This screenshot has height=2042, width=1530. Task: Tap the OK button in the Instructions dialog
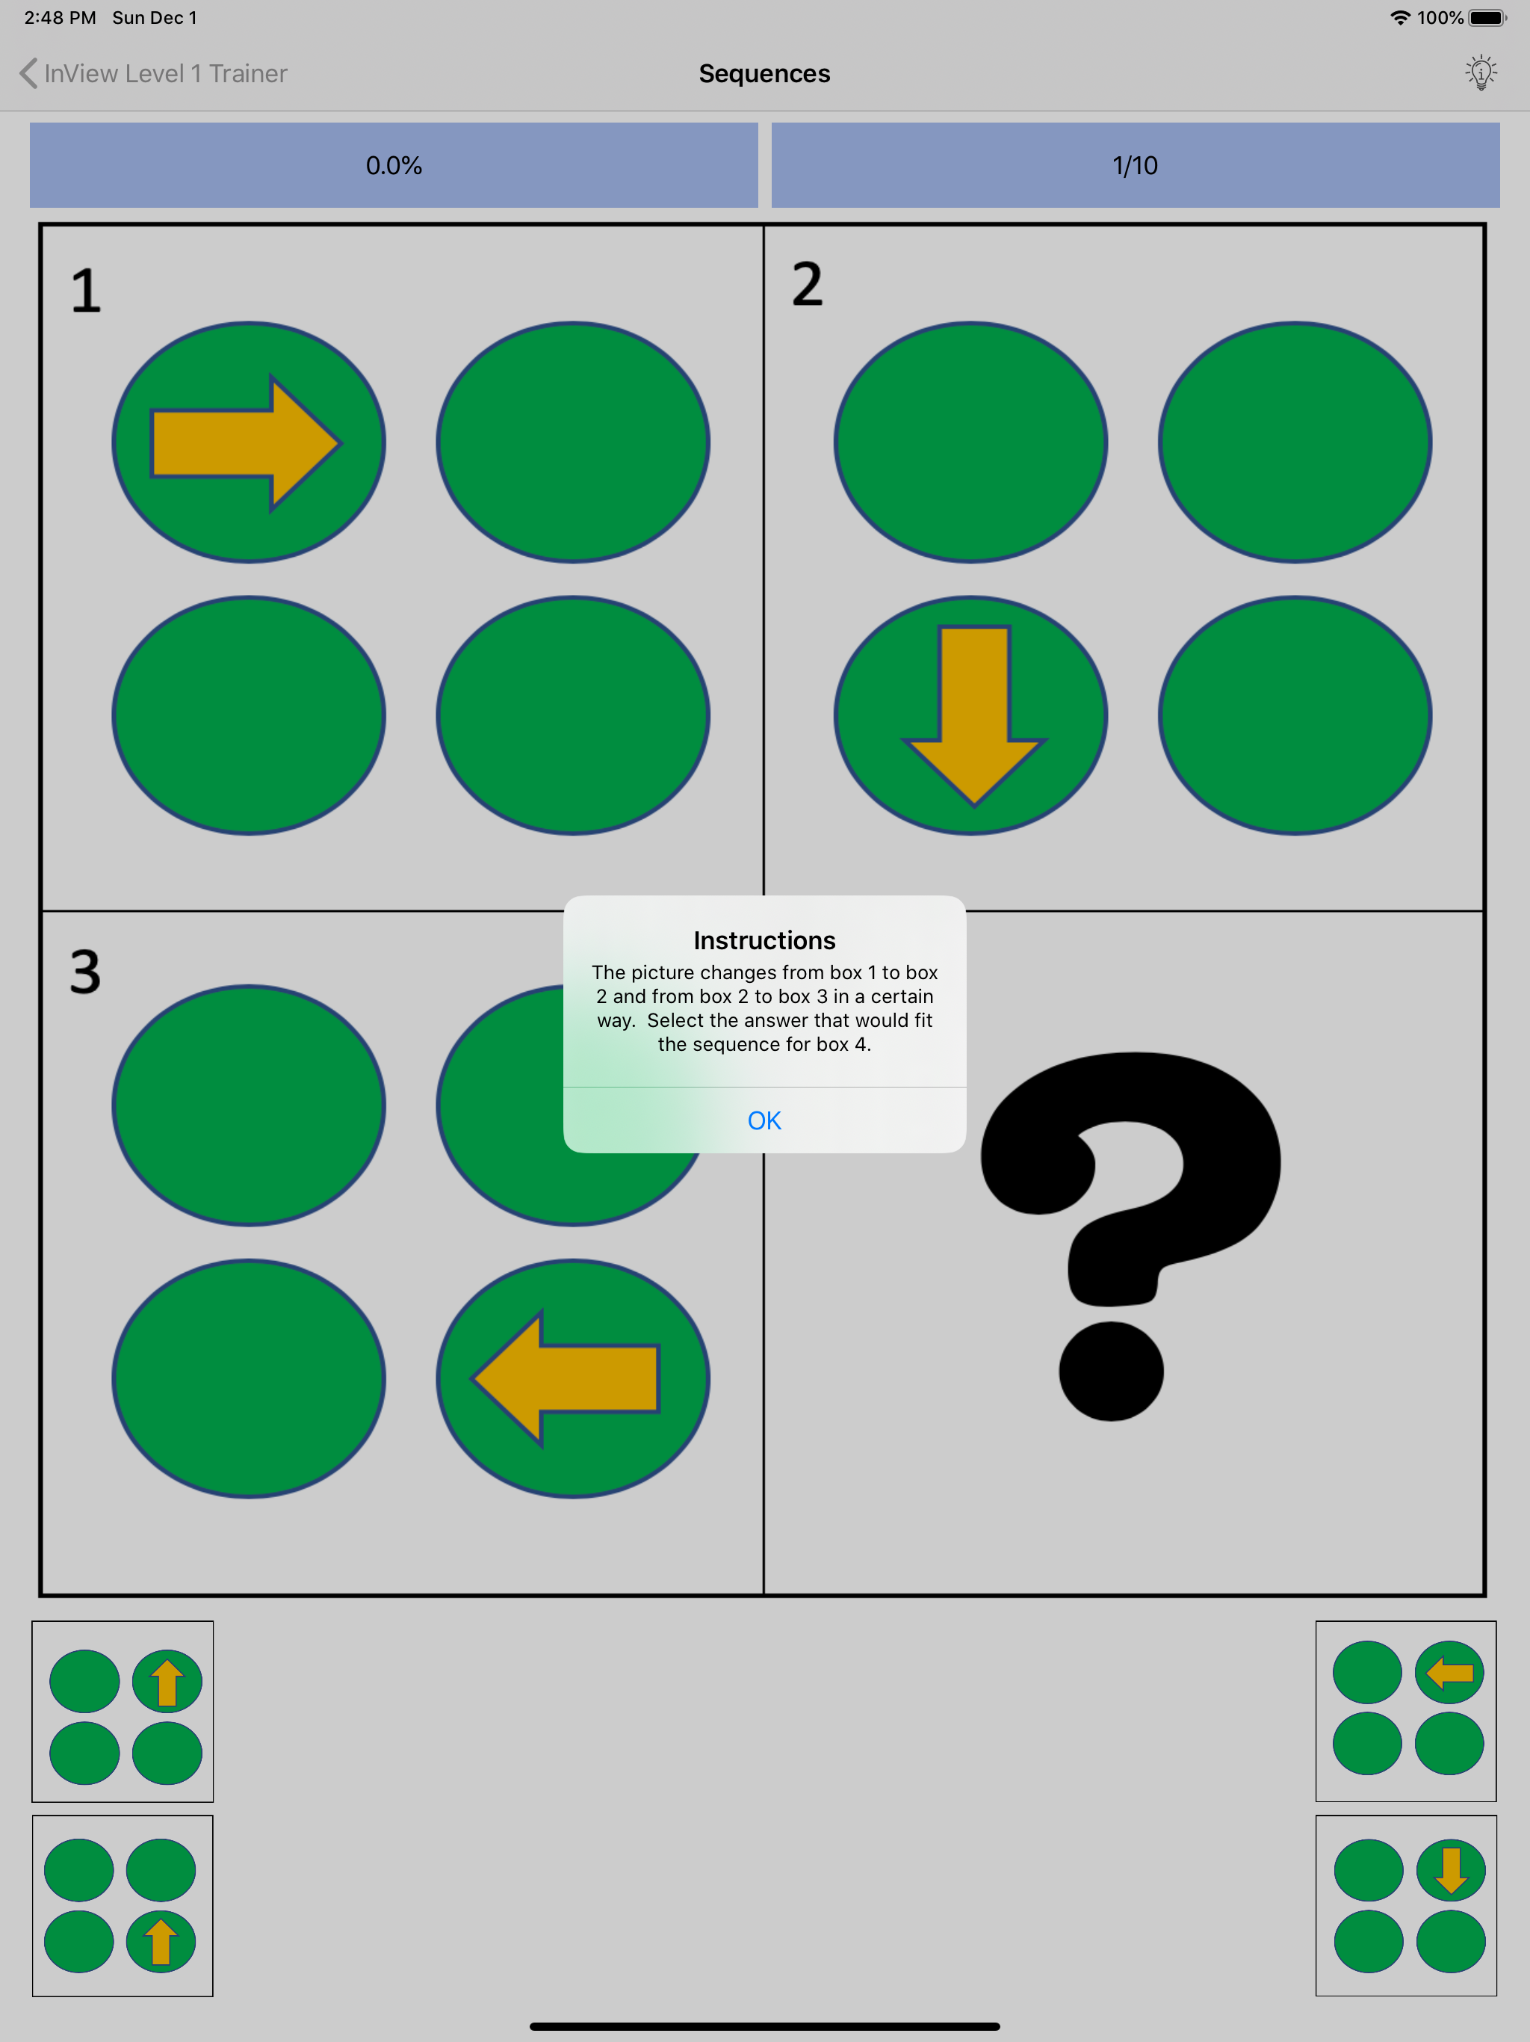pyautogui.click(x=764, y=1120)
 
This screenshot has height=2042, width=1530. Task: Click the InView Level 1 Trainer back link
pyautogui.click(x=154, y=73)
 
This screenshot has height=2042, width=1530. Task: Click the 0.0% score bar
pyautogui.click(x=394, y=165)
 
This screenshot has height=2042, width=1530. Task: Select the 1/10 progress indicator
pyautogui.click(x=1135, y=165)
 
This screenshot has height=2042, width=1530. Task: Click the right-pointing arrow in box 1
pyautogui.click(x=247, y=443)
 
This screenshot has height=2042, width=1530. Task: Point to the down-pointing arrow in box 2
pyautogui.click(x=973, y=715)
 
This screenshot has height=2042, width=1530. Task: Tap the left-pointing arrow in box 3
pyautogui.click(x=566, y=1378)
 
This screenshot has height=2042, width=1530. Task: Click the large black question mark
pyautogui.click(x=1130, y=1236)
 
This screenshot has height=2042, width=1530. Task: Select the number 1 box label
pyautogui.click(x=86, y=291)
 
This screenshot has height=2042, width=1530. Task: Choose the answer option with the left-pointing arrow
pyautogui.click(x=1405, y=1711)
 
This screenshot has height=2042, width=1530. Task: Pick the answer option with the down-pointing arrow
pyautogui.click(x=1405, y=1905)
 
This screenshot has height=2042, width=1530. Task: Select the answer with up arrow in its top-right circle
pyautogui.click(x=123, y=1711)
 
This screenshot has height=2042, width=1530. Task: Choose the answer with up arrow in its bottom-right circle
pyautogui.click(x=123, y=1905)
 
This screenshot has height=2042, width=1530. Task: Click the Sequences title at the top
pyautogui.click(x=764, y=73)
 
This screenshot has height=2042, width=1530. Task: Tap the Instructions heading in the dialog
pyautogui.click(x=764, y=940)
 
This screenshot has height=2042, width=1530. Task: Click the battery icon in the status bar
pyautogui.click(x=1487, y=17)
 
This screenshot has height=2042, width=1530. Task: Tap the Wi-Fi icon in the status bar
pyautogui.click(x=1400, y=17)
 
